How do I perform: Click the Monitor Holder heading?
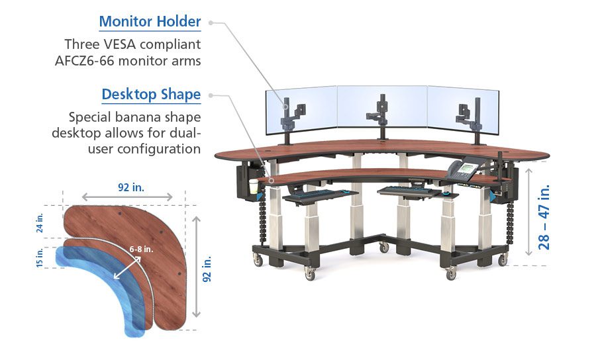(x=150, y=22)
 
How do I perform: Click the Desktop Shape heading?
(x=151, y=95)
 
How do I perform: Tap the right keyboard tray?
(x=411, y=191)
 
